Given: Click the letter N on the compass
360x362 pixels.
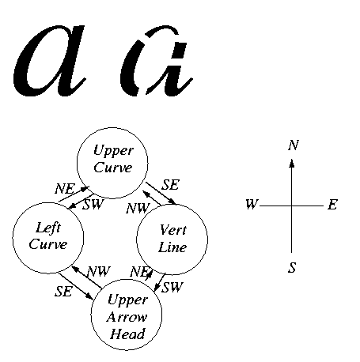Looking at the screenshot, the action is pos(294,145).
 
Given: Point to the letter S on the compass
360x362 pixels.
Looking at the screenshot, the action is pos(292,267).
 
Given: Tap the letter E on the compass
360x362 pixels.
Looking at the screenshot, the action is pos(332,205).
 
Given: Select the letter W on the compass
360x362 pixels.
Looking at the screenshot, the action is pos(252,204).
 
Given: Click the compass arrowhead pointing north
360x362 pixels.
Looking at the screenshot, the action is pos(291,163).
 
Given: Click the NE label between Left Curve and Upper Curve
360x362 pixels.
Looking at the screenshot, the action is pos(65,189).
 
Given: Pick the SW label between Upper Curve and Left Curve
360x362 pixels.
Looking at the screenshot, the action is pos(93,204).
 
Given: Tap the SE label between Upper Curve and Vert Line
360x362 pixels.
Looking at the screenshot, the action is pos(170,185).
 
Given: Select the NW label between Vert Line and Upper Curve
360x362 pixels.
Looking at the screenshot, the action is pos(138,208).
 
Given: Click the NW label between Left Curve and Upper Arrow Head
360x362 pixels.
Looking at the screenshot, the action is pos(98,271).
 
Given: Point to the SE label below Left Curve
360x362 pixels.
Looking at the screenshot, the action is pos(63,291).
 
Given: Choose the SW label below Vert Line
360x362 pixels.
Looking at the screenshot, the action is pos(172,287).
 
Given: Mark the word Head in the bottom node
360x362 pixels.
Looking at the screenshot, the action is pos(127,334).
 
